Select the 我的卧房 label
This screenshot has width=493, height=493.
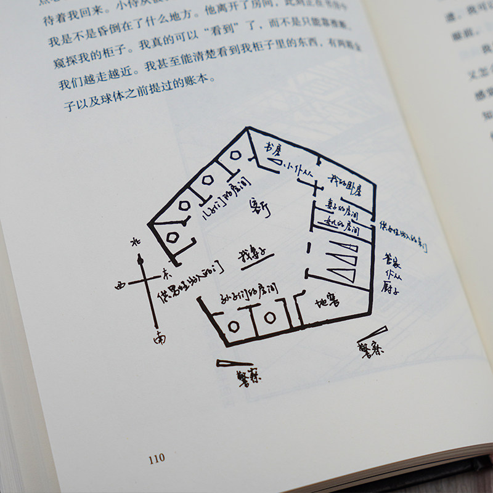coord(344,182)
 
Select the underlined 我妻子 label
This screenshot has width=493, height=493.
coord(255,254)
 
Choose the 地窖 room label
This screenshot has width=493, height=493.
coord(325,302)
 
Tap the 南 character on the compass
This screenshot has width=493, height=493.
coord(160,338)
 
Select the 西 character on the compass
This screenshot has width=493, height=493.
coord(120,285)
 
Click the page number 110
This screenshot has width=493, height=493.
coord(157,458)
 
